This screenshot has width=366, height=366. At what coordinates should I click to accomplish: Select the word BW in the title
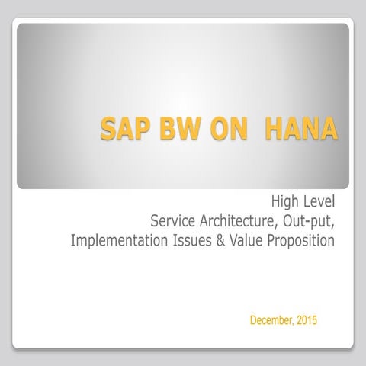point(177,128)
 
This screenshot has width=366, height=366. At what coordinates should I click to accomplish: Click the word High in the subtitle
point(285,203)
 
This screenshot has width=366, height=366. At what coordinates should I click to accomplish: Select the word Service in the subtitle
point(173,222)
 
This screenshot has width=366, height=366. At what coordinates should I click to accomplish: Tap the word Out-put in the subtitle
point(308,222)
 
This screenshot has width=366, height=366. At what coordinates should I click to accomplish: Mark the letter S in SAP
point(109,128)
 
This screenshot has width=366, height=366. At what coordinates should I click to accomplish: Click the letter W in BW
point(185,128)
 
